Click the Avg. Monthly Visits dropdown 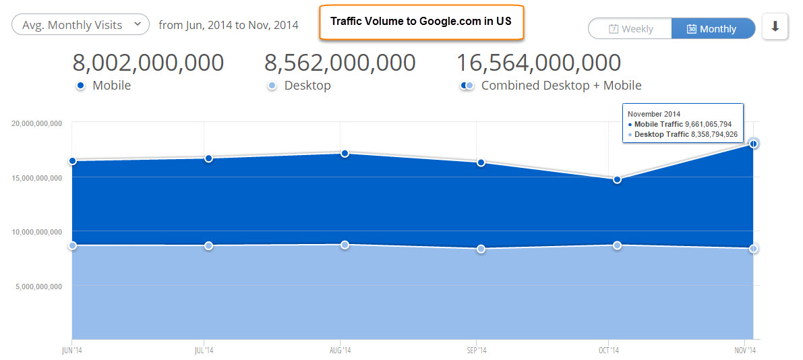pos(80,25)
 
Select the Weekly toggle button pos(630,29)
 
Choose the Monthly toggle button pos(713,29)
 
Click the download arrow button pos(775,27)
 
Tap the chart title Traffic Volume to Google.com pos(421,21)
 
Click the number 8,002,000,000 pos(148,63)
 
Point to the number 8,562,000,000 pos(340,63)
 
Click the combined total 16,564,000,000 pos(539,63)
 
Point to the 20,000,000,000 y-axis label pos(37,123)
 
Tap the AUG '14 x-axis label pos(340,350)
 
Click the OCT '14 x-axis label pos(609,350)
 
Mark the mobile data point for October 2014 pos(617,179)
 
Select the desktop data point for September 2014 pos(481,249)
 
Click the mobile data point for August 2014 pos(345,153)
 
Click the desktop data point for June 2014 pos(72,245)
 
